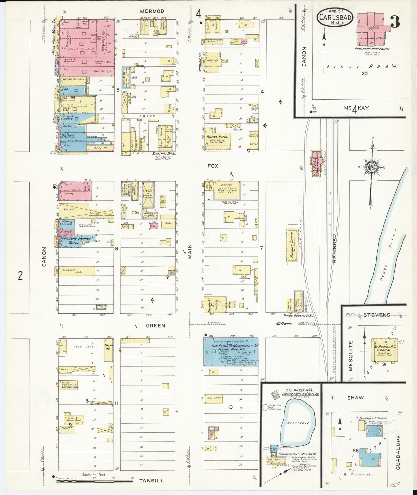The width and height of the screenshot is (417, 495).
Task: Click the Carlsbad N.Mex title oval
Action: pyautogui.click(x=335, y=18)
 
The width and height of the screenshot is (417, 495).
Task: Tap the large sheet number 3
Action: pyautogui.click(x=395, y=22)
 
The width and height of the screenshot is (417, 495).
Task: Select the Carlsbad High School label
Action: pyautogui.click(x=372, y=49)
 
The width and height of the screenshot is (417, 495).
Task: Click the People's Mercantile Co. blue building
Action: pyautogui.click(x=231, y=351)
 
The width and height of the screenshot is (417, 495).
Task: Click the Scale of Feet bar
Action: pyautogui.click(x=94, y=481)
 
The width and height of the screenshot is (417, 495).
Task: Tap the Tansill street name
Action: pyautogui.click(x=152, y=481)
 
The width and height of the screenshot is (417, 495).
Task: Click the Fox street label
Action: pyautogui.click(x=213, y=166)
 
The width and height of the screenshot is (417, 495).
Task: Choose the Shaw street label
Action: pyautogui.click(x=356, y=398)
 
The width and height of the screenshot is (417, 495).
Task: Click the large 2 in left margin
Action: pyautogui.click(x=20, y=276)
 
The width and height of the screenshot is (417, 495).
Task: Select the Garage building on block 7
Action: pyautogui.click(x=227, y=190)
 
